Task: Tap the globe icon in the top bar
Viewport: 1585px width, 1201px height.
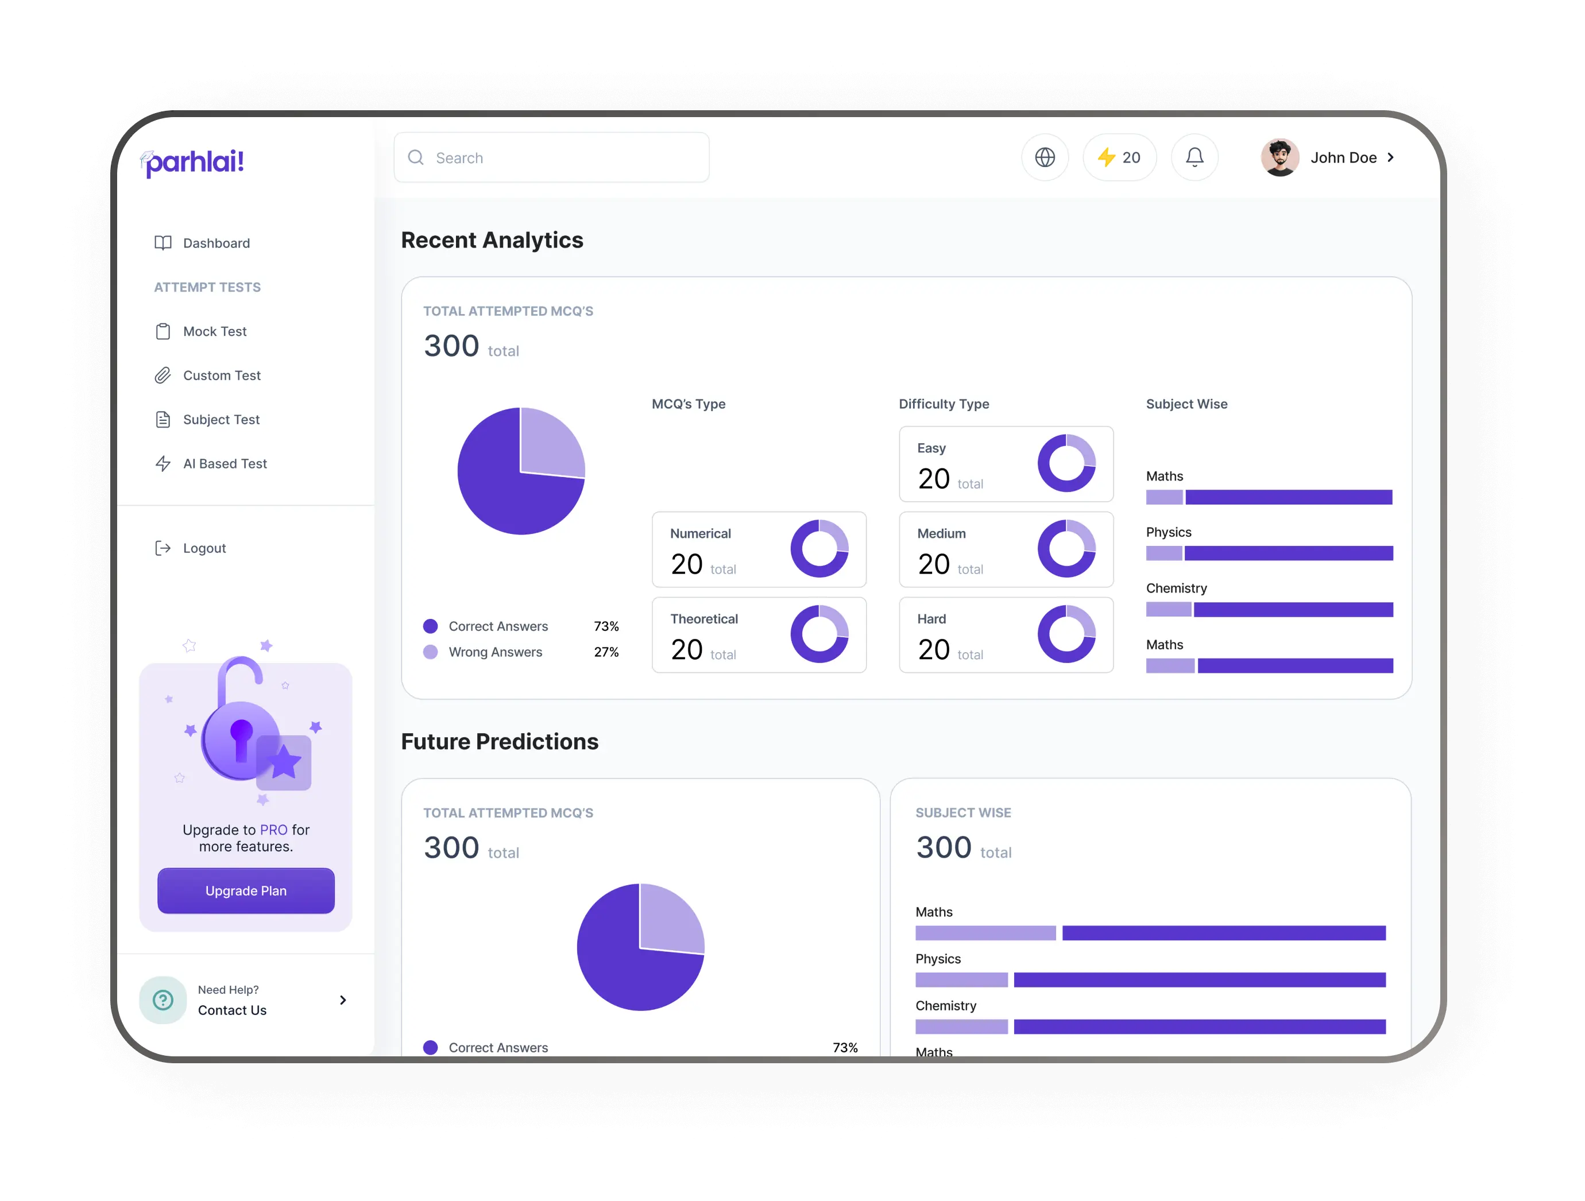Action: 1045,157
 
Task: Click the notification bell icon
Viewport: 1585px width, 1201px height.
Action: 1194,157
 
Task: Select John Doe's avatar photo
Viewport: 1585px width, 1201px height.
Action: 1279,157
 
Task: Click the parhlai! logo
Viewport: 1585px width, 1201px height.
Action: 193,162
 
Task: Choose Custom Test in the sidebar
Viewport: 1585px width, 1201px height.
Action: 222,375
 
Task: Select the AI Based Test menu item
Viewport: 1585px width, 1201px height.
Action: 225,463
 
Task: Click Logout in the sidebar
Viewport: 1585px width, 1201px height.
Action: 204,548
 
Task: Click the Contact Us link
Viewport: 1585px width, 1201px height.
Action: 232,1010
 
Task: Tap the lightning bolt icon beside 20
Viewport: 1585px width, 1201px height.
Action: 1107,157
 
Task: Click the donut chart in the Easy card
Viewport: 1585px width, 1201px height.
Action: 1066,463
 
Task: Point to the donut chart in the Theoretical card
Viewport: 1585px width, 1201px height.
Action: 819,634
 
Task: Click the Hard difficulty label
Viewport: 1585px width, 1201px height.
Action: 931,619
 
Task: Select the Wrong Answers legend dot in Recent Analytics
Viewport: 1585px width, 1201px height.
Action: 431,652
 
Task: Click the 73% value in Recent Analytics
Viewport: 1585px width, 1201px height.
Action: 606,626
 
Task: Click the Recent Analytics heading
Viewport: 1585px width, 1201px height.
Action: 492,240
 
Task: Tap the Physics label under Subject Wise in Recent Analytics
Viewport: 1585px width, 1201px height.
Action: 1168,532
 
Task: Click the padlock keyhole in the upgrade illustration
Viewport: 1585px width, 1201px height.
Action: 241,736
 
